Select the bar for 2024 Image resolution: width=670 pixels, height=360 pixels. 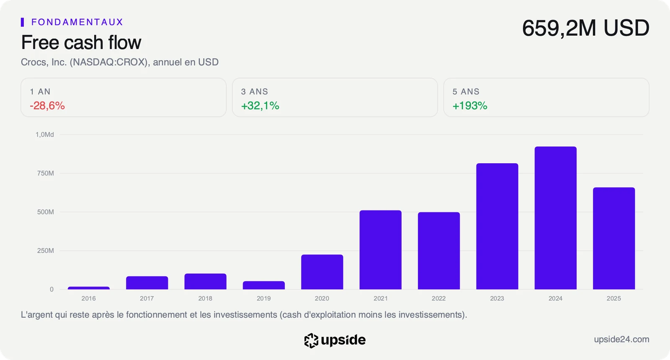pos(555,218)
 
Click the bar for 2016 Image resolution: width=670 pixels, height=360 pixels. pos(88,288)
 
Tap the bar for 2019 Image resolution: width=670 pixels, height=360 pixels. pos(263,285)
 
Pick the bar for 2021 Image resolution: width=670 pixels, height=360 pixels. pos(381,250)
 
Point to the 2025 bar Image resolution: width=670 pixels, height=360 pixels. pos(614,238)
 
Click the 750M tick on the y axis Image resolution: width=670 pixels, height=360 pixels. pos(46,173)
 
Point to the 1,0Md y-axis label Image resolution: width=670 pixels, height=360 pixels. pos(45,134)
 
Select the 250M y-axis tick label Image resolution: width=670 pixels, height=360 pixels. pos(46,251)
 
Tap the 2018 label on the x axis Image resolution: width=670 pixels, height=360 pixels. pos(205,298)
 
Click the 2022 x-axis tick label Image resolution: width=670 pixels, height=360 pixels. pos(439,298)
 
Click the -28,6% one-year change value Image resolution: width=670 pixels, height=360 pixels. pos(47,106)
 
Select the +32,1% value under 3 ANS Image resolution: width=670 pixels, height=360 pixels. pos(260,106)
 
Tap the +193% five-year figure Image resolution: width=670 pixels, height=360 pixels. pos(470,106)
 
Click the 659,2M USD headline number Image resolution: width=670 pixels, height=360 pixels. pos(586,28)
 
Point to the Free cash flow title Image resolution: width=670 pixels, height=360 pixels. pos(81,42)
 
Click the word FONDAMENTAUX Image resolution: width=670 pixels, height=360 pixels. pos(77,22)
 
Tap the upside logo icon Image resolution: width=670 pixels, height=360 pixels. pos(311,341)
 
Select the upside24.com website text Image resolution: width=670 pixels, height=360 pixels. pos(621,339)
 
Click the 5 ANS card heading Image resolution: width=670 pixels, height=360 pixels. pos(466,92)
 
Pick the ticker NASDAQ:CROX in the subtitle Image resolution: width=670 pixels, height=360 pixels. pos(110,62)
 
